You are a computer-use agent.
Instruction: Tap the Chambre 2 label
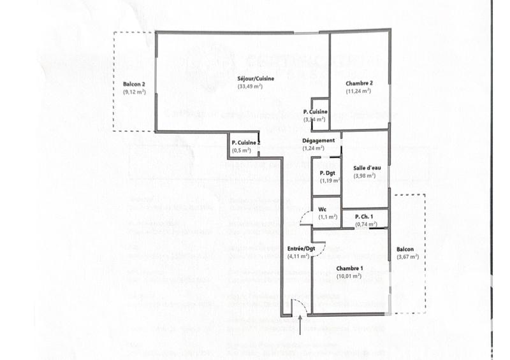359,83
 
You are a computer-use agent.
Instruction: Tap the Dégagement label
318,140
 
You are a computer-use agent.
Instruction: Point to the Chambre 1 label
349,268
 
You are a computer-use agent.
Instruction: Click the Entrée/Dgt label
301,248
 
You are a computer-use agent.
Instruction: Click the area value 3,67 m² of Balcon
407,257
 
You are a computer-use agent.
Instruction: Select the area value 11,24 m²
359,91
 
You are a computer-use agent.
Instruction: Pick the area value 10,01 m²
349,276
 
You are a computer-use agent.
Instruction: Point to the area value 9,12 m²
135,92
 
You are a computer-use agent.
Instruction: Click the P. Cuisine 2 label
245,143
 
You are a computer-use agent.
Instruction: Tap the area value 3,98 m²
364,175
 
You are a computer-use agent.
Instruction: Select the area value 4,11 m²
299,256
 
